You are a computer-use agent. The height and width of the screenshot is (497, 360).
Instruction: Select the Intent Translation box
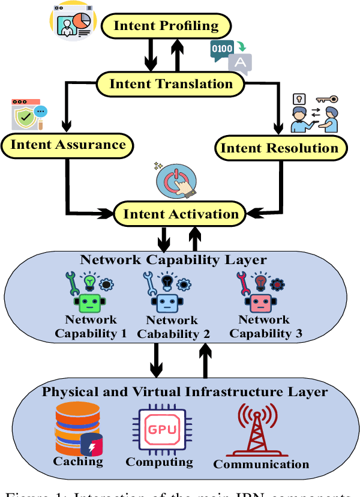(x=170, y=83)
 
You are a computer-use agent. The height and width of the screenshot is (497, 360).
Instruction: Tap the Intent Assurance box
(x=68, y=144)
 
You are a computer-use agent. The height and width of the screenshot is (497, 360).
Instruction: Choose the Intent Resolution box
(x=280, y=148)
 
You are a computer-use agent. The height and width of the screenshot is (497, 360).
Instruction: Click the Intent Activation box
(x=181, y=214)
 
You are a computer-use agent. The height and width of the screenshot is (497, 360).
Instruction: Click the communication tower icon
(x=258, y=429)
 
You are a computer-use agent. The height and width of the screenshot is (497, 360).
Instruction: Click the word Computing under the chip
(x=159, y=462)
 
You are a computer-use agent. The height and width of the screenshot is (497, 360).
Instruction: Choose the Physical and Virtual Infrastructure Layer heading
(x=184, y=392)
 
